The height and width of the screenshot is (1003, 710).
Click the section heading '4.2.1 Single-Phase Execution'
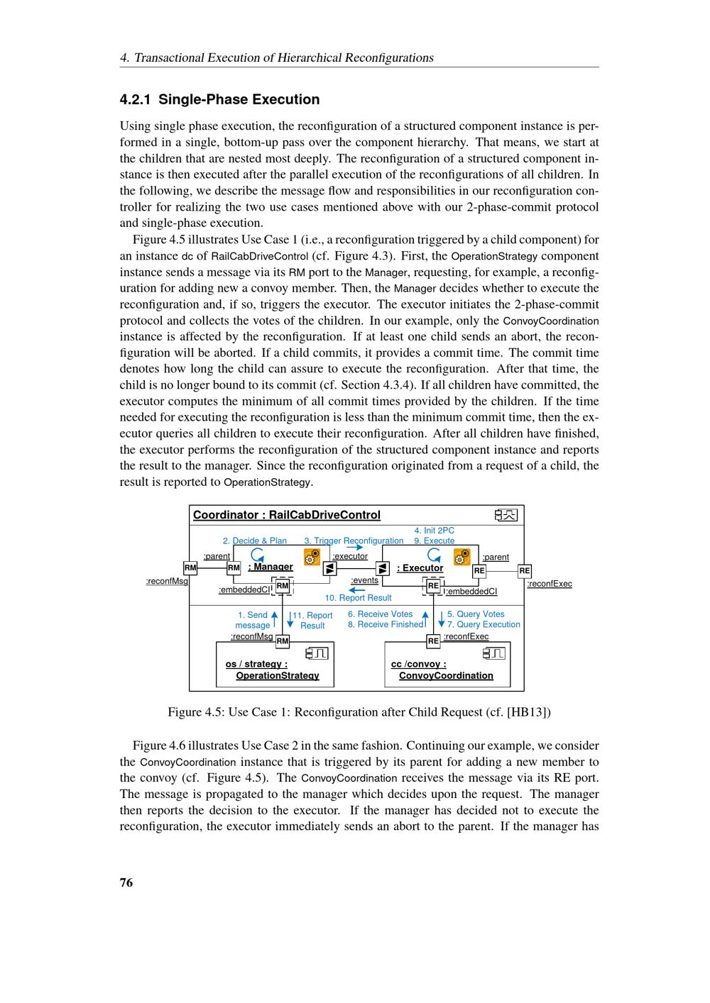point(219,99)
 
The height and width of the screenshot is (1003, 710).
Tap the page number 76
point(126,882)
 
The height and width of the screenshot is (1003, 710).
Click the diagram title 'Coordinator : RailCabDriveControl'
point(287,515)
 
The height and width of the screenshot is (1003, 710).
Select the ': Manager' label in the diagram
point(271,567)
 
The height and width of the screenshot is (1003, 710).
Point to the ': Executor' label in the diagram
point(420,567)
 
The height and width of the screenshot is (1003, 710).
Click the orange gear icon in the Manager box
point(312,557)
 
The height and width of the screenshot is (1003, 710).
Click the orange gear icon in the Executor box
point(461,557)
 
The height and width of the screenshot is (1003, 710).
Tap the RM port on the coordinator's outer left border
point(190,568)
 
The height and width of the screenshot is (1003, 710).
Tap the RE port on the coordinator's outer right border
point(524,570)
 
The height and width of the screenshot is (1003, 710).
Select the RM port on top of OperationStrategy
point(283,641)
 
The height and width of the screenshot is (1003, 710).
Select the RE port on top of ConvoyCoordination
point(433,641)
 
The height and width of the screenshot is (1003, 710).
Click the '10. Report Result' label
point(358,598)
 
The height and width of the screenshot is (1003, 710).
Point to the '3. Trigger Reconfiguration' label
point(354,541)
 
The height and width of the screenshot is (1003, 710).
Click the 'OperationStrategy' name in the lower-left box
point(278,675)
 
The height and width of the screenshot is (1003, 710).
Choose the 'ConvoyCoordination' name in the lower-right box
point(446,675)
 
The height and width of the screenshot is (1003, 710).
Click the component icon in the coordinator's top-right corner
point(506,515)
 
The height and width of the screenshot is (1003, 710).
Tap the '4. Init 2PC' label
point(434,530)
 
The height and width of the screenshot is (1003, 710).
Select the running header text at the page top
point(277,57)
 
